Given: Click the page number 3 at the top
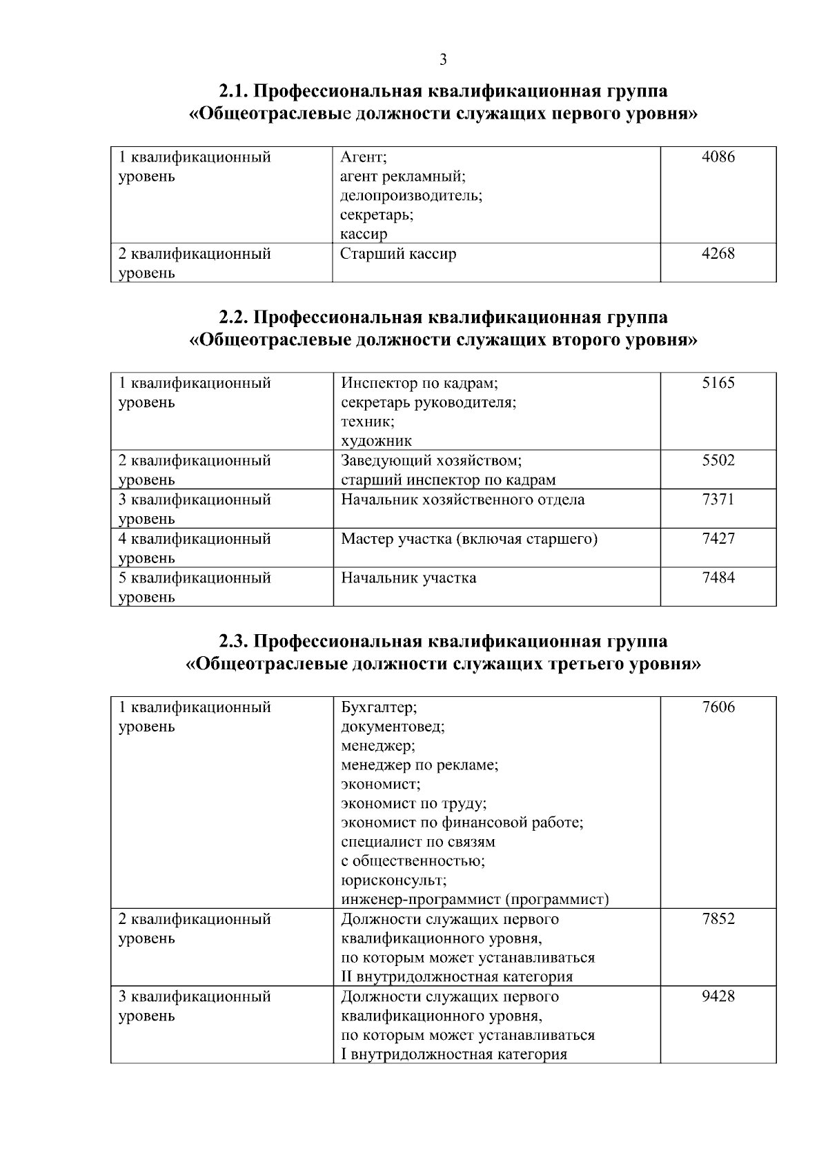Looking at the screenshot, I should tap(443, 60).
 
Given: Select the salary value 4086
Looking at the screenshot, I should tap(718, 157).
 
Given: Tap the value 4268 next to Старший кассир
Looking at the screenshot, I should tap(718, 253).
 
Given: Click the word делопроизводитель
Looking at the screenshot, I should tap(411, 195).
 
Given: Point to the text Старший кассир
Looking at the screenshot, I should tap(398, 253).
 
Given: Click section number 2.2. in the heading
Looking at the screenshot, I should tap(233, 317).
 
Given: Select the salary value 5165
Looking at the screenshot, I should tap(718, 383).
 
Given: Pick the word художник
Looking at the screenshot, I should tap(376, 441).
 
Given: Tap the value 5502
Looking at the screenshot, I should tap(718, 460).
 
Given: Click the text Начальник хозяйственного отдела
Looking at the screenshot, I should tap(462, 499).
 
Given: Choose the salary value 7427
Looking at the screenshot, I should tap(718, 538).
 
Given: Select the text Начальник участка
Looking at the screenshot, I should tap(408, 578).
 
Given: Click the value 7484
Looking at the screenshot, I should tap(718, 578).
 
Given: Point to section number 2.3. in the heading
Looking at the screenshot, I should tap(233, 642).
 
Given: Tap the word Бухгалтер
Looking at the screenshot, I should tap(379, 707).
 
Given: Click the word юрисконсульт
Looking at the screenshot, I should tap(393, 880).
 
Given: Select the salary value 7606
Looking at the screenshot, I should tap(718, 707).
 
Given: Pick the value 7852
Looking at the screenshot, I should tap(718, 919).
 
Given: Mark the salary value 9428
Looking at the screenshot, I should tap(718, 996).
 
